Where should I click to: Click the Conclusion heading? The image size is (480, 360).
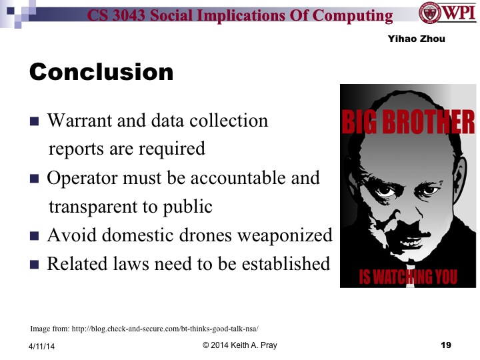[101, 71]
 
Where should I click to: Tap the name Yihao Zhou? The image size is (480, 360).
[416, 39]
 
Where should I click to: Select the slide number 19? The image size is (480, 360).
[447, 345]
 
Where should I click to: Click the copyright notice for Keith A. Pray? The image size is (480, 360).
[239, 345]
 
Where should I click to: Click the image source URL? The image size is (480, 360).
[145, 329]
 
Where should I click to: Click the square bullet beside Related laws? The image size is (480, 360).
[35, 265]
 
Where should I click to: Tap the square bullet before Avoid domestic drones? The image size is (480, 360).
[35, 236]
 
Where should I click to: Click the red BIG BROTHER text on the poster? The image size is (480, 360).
[408, 123]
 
